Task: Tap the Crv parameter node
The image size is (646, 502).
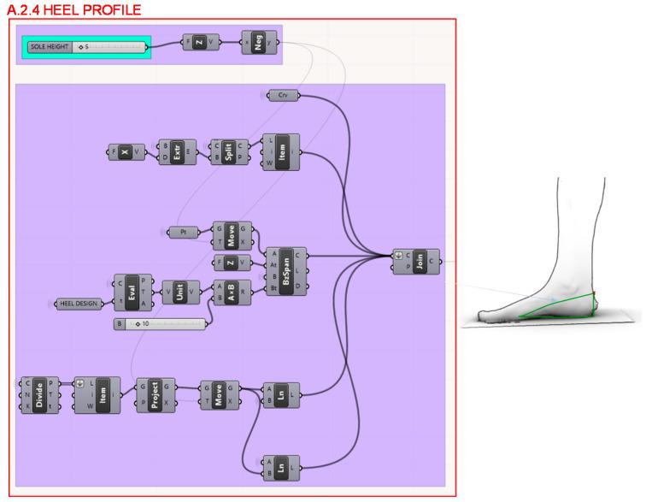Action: tap(283, 95)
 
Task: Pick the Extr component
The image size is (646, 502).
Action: tap(177, 152)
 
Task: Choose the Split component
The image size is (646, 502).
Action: tap(228, 152)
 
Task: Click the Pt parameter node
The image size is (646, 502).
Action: tap(183, 232)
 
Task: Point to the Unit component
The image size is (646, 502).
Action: tap(179, 291)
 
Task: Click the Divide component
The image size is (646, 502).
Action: tap(38, 393)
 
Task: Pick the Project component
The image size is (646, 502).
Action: tap(155, 393)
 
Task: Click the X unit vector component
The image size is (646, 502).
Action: tap(125, 152)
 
